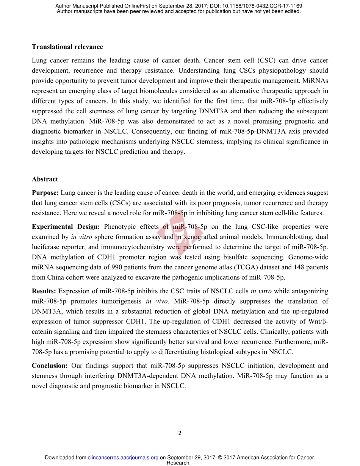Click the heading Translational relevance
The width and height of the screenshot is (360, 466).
(67, 47)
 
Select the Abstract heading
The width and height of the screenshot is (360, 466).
(45, 179)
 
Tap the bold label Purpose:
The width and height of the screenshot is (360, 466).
(45, 193)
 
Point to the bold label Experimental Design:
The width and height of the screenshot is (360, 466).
(66, 227)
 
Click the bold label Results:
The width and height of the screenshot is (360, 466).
(44, 291)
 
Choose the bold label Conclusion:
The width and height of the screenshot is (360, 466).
(50, 366)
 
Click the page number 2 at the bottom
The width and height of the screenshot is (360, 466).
(180, 433)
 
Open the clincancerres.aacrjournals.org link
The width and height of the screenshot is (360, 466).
(123, 458)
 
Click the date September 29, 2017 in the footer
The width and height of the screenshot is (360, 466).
(190, 458)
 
